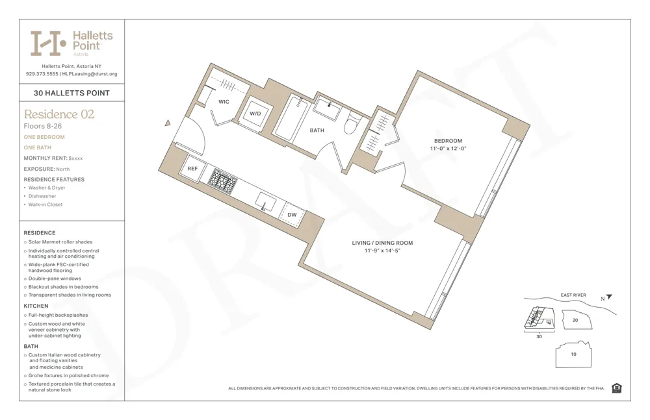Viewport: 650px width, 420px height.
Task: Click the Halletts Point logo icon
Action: (x=48, y=43)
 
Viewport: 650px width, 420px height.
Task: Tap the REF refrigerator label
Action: (x=192, y=169)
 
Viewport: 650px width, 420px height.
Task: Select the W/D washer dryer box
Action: (x=255, y=114)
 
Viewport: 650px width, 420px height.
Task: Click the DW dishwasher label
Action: (x=292, y=215)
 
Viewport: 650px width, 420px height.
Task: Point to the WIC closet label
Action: (x=224, y=102)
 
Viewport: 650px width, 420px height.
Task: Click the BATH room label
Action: (x=317, y=130)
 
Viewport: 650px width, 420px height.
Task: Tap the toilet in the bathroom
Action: (x=353, y=123)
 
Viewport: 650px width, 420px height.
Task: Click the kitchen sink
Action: (x=265, y=202)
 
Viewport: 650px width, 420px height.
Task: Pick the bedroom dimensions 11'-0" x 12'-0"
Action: (x=448, y=149)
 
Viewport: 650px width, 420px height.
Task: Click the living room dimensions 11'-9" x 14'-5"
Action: (x=382, y=251)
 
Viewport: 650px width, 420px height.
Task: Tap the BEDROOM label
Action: (x=448, y=141)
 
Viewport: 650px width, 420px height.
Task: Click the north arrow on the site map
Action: (x=608, y=297)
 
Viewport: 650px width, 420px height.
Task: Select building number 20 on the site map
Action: (x=575, y=320)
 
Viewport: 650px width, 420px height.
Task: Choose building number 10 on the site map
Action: (x=573, y=354)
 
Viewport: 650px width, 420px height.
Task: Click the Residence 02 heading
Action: (x=59, y=115)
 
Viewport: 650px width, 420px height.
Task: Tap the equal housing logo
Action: (x=616, y=388)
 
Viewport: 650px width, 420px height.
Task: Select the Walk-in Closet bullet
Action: (x=45, y=204)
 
